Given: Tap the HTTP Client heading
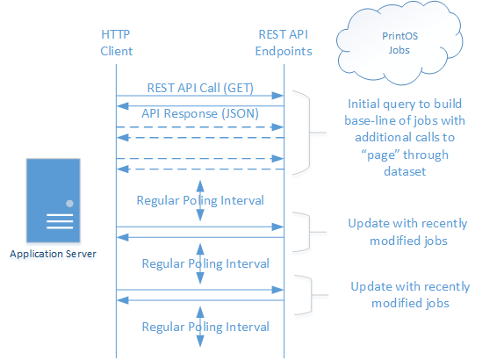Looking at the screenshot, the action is pyautogui.click(x=116, y=43).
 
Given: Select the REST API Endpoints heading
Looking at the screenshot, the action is pyautogui.click(x=284, y=43).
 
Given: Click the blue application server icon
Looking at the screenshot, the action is pyautogui.click(x=54, y=200).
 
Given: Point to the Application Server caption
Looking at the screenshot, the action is pyautogui.click(x=53, y=254).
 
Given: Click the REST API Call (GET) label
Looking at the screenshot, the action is pyautogui.click(x=200, y=88).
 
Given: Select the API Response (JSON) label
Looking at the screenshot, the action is pyautogui.click(x=200, y=114).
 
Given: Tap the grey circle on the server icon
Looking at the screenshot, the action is pyautogui.click(x=69, y=203).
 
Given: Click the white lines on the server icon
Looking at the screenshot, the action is pyautogui.click(x=60, y=221).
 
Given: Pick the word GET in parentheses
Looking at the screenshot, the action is pyautogui.click(x=238, y=88).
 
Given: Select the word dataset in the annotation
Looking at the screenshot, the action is pyautogui.click(x=405, y=171).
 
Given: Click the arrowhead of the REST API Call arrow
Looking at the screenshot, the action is pyautogui.click(x=277, y=96).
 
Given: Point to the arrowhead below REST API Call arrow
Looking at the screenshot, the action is pyautogui.click(x=123, y=106).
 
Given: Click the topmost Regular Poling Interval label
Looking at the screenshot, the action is pyautogui.click(x=200, y=200).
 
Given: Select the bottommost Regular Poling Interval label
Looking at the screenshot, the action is pyautogui.click(x=205, y=327).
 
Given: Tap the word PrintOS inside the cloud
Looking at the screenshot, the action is pyautogui.click(x=400, y=36).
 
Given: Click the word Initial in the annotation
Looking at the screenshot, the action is pyautogui.click(x=363, y=104).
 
